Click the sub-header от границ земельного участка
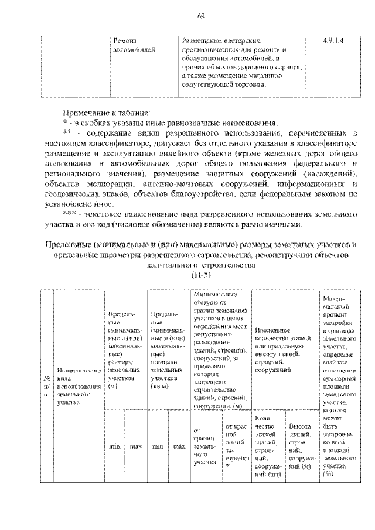[x=204, y=447]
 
